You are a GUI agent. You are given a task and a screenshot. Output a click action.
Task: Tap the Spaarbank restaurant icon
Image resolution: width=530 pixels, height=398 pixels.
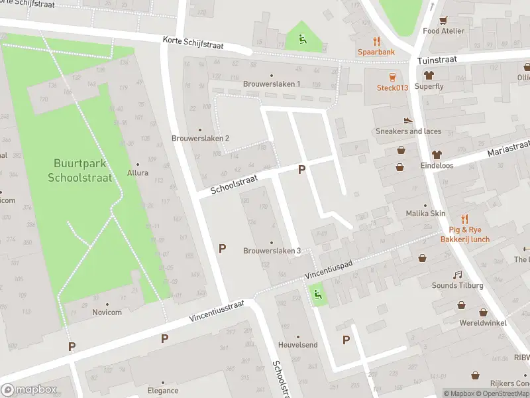click(x=377, y=40)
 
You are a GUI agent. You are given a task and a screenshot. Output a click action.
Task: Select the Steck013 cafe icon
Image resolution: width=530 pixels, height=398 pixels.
click(x=392, y=76)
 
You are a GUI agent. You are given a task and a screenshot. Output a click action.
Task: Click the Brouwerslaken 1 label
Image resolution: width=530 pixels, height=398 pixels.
click(x=272, y=84)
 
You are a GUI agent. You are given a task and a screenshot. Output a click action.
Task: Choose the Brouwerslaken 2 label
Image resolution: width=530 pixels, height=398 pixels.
click(x=200, y=138)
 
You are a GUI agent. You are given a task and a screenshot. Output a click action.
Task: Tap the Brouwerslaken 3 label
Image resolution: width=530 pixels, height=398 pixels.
click(x=272, y=250)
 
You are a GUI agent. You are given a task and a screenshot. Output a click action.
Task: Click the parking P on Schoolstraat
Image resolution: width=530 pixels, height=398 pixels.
click(x=301, y=169)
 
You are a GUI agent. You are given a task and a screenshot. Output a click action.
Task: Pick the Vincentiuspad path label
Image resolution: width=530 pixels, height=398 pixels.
click(x=329, y=268)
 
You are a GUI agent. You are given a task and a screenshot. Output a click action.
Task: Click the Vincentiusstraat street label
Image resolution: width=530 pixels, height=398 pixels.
click(x=217, y=310)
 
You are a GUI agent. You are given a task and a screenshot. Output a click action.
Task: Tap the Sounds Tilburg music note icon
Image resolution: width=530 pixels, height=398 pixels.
click(x=457, y=275)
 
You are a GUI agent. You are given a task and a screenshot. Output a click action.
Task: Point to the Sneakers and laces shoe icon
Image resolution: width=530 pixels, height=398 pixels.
click(x=408, y=120)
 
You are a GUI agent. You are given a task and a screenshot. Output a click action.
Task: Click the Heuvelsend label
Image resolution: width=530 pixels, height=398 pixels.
click(x=297, y=345)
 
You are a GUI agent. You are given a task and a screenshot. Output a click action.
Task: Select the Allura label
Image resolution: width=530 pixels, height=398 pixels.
click(x=138, y=172)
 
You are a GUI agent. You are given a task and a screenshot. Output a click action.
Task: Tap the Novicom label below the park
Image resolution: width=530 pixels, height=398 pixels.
click(x=106, y=312)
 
